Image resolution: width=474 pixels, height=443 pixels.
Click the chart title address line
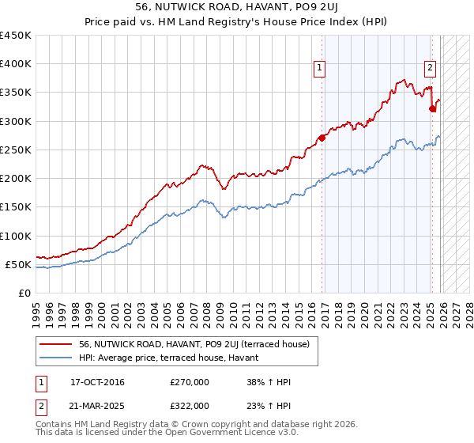point(236,9)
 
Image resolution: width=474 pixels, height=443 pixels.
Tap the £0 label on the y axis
point(24,293)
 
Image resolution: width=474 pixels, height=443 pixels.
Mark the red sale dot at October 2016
point(322,138)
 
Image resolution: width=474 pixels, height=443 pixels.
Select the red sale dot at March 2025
point(432,108)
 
